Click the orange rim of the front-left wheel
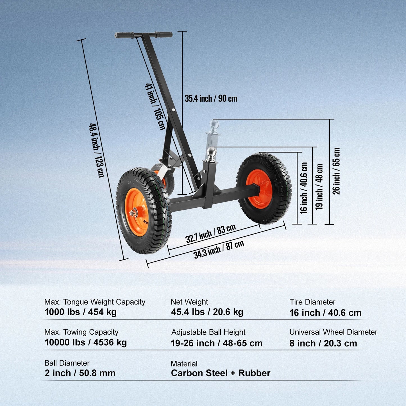tap(137, 212)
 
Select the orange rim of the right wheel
tap(259, 189)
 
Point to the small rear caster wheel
tap(163, 179)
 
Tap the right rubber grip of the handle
tap(164, 34)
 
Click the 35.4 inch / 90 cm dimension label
tap(211, 99)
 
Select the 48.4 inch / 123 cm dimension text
tap(96, 150)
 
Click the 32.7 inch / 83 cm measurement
tap(210, 233)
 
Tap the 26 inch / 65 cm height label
tap(336, 171)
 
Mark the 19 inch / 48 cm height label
tap(319, 187)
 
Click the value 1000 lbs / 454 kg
tap(80, 312)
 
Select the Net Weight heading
tap(189, 302)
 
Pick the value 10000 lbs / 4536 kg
tap(85, 343)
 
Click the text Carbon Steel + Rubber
tap(221, 373)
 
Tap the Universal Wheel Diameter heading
tap(333, 332)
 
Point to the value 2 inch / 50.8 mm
tap(80, 373)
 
